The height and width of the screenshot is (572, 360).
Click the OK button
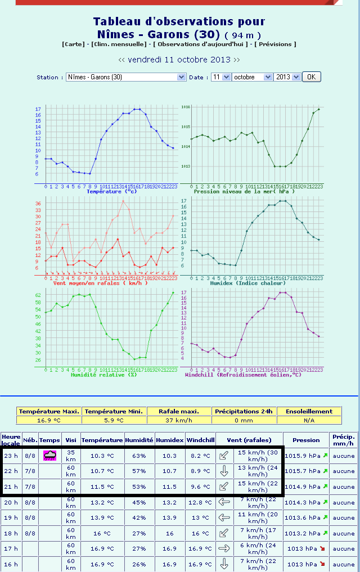pos(311,77)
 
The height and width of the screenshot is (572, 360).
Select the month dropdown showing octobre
pos(252,77)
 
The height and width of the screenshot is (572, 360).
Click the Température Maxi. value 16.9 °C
pos(49,420)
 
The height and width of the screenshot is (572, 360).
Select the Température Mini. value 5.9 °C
pos(114,420)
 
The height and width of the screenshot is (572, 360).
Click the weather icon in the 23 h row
pos(49,455)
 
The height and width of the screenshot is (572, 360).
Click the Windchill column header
pos(200,440)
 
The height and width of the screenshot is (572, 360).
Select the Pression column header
pos(307,440)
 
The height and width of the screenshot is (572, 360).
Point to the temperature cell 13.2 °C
pos(102,502)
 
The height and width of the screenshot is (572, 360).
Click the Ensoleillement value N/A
pos(309,420)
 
